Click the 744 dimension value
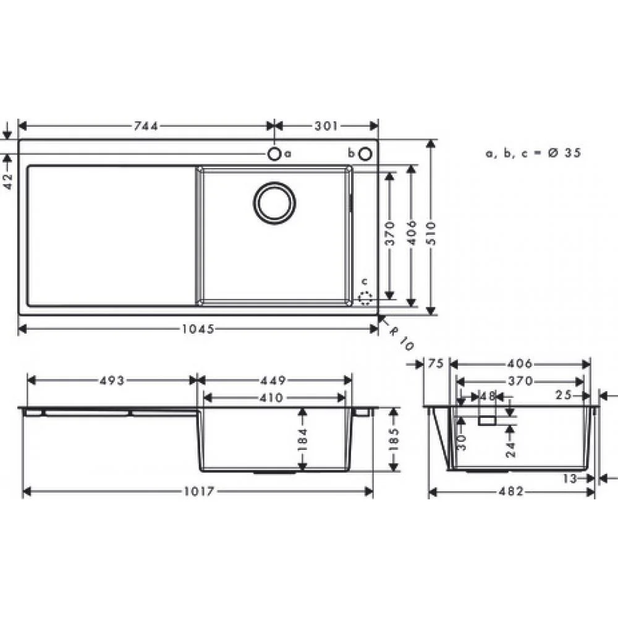pyautogui.click(x=146, y=126)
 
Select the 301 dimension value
pyautogui.click(x=326, y=126)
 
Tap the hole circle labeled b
pyautogui.click(x=365, y=153)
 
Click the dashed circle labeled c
pyautogui.click(x=365, y=298)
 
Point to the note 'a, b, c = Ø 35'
pyautogui.click(x=533, y=153)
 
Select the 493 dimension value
pyautogui.click(x=112, y=380)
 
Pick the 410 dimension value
pyautogui.click(x=273, y=397)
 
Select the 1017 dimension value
pyautogui.click(x=198, y=492)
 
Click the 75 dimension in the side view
pyautogui.click(x=436, y=364)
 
